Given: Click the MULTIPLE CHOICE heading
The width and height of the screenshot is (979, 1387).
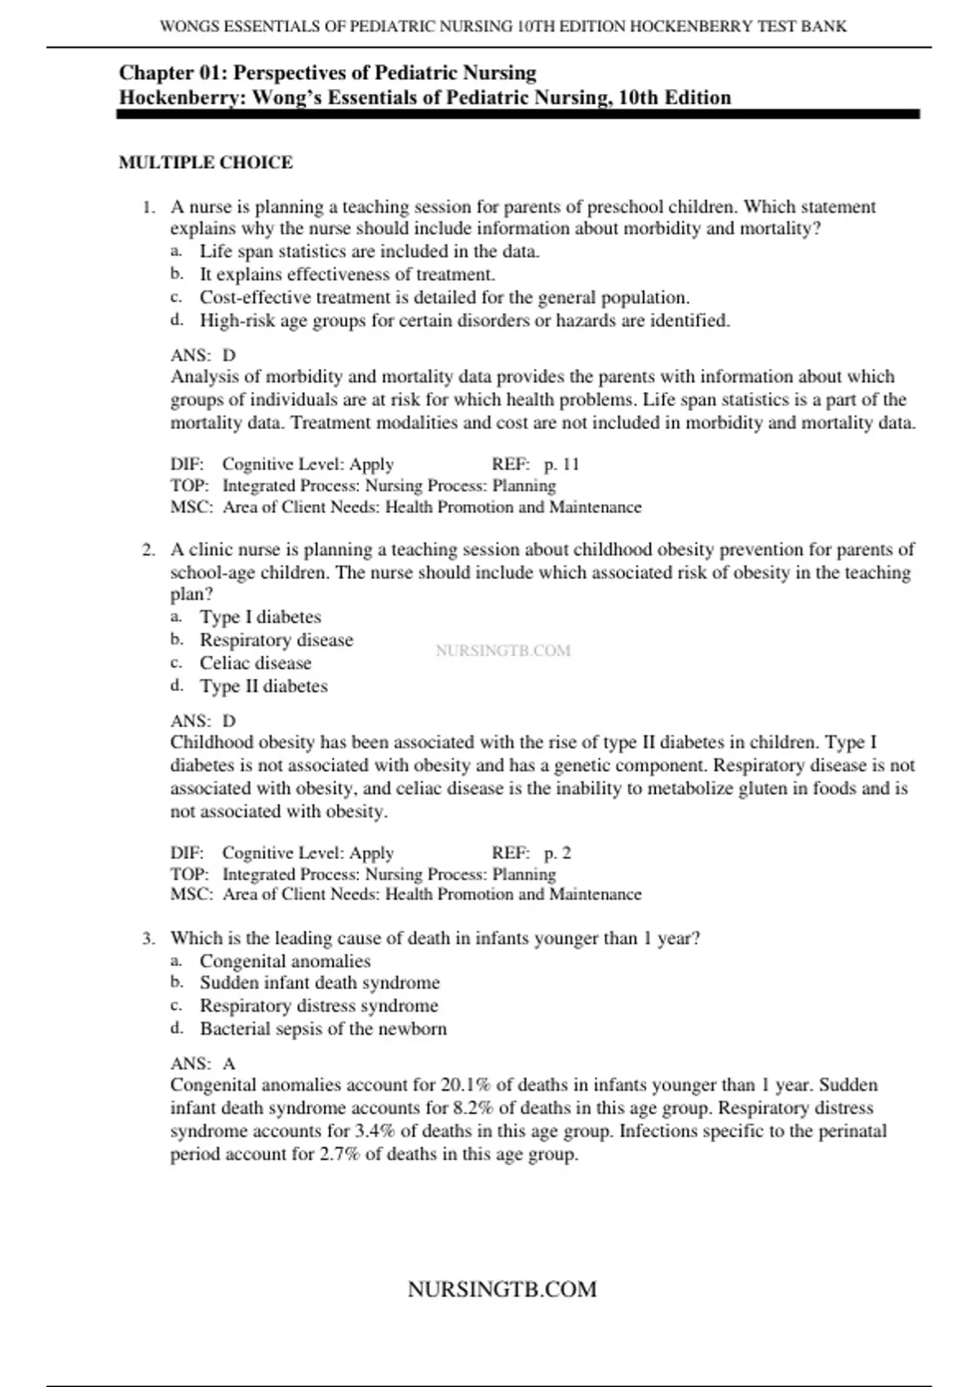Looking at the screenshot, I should [206, 162].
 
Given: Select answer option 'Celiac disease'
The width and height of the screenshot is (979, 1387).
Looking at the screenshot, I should [255, 663].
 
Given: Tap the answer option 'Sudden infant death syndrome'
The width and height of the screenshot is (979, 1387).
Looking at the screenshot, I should [320, 983].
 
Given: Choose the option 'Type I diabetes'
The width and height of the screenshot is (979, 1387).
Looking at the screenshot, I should [260, 618].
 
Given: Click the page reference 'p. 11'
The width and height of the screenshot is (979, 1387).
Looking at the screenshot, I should [561, 464].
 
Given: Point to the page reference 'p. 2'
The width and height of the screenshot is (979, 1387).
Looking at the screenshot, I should [557, 853].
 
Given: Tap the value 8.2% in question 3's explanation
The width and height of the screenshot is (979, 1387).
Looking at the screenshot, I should [473, 1109].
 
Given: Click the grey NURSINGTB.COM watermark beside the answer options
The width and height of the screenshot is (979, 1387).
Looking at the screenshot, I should [503, 651].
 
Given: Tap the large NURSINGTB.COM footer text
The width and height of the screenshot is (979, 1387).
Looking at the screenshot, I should [502, 1290].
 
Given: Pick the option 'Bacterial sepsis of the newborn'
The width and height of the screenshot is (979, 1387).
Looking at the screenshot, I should [323, 1029].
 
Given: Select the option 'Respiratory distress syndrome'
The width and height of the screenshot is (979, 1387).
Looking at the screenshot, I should [319, 1006].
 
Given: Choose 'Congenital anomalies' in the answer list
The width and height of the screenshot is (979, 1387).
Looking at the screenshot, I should [285, 962].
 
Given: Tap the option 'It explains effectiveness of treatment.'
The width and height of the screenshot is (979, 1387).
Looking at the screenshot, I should [348, 275].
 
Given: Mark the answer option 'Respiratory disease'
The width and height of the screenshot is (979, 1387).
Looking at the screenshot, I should [277, 640].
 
